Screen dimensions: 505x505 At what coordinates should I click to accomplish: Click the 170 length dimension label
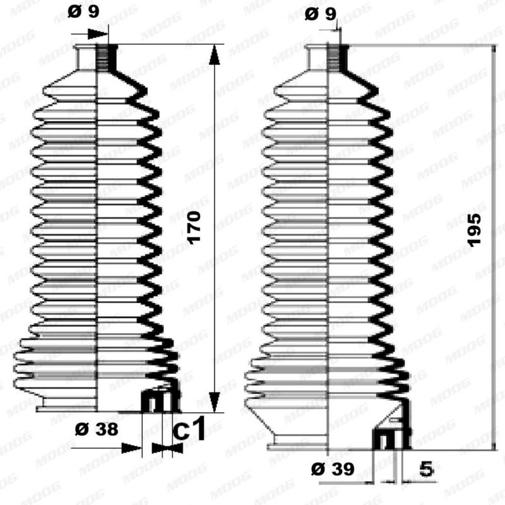(x=194, y=228)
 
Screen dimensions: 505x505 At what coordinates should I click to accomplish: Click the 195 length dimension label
(x=475, y=230)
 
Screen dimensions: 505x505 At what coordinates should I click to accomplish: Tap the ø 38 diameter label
(x=97, y=429)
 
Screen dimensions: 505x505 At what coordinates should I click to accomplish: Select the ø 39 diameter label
(x=333, y=469)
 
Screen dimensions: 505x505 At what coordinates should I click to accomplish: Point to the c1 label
(x=189, y=429)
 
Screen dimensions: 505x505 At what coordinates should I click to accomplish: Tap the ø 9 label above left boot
(x=84, y=12)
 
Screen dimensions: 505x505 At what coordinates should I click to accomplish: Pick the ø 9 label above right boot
(x=321, y=14)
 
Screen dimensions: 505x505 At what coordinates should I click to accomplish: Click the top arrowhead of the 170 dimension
(x=215, y=56)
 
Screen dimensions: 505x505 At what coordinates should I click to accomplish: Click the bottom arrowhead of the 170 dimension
(x=215, y=402)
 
